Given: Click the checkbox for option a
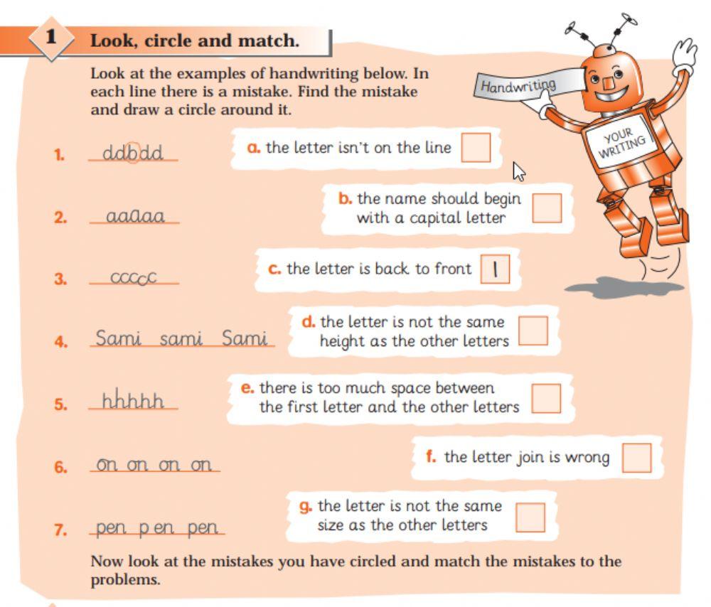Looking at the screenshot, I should point(476,147).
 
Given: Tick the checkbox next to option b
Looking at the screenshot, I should point(547,208).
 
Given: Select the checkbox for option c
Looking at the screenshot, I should point(495,269).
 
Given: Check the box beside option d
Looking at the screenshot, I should point(533,331).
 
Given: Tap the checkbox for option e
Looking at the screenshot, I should point(546,398).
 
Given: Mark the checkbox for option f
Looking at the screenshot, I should point(636,458).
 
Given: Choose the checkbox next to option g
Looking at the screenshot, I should point(530,517).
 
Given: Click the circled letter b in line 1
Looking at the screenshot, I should point(133,154).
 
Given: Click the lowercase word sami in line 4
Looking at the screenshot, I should point(181,339).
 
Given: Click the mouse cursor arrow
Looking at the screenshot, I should point(520,171).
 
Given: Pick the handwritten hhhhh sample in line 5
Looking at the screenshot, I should point(133,402).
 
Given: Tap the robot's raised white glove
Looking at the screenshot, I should point(685,56).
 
